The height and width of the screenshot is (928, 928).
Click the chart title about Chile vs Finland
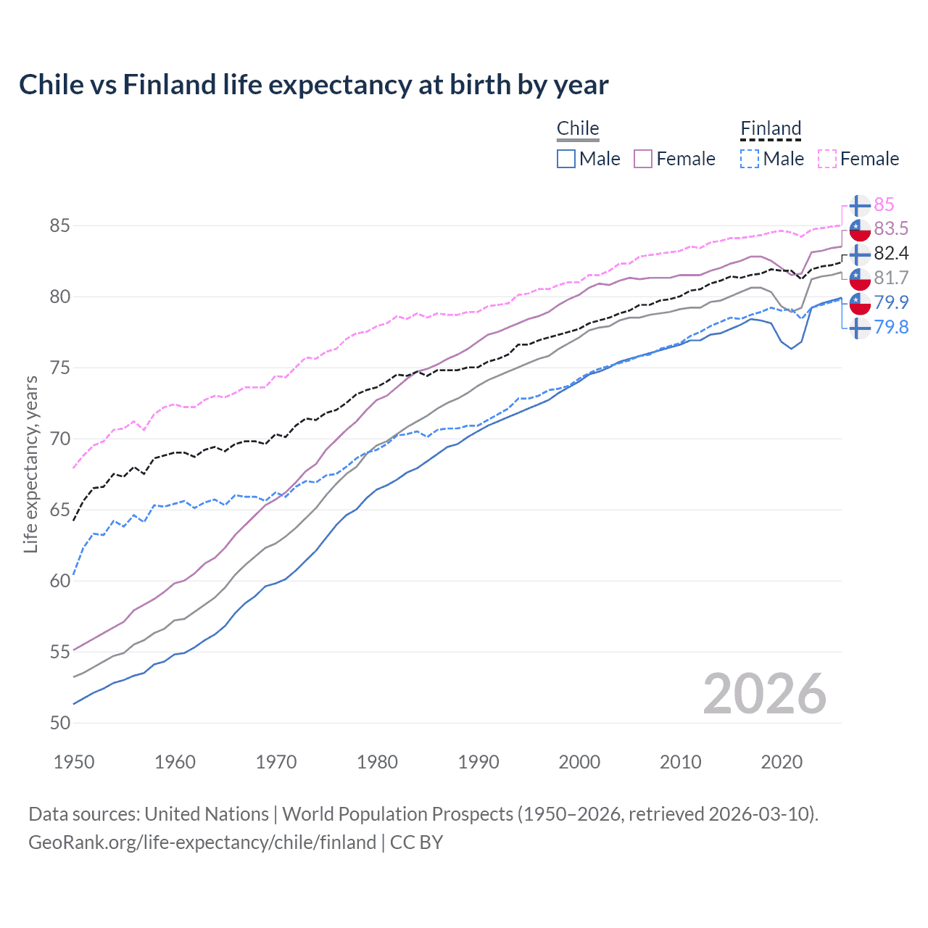313,85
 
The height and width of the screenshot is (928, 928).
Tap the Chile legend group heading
577,128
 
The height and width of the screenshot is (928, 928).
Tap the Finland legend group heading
770,128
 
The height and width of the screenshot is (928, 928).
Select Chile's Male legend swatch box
566,159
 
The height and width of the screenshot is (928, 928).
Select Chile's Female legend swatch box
643,159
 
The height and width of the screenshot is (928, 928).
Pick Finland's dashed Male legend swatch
750,159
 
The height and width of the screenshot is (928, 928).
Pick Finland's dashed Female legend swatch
827,159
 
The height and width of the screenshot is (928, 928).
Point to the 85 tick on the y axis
59,226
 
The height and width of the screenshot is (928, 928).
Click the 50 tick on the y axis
59,723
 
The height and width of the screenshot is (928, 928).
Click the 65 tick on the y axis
59,510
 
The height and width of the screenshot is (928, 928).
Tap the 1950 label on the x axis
74,762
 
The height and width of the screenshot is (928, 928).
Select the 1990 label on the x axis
478,762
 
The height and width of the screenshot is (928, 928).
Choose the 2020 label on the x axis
782,762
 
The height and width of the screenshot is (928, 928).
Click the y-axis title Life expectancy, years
30,464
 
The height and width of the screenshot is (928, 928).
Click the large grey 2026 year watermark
764,694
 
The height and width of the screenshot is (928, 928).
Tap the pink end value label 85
884,205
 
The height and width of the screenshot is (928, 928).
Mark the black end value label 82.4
891,253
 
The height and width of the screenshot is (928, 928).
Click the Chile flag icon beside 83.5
860,229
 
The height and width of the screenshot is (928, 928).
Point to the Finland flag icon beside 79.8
860,328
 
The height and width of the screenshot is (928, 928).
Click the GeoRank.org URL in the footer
202,842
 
